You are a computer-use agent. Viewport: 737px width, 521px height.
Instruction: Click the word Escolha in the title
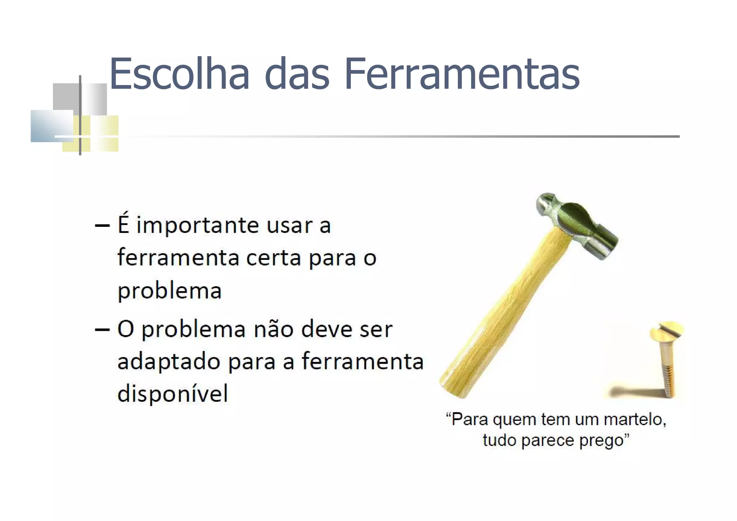click(x=179, y=74)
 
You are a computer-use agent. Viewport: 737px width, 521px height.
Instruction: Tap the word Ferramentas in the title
click(x=462, y=74)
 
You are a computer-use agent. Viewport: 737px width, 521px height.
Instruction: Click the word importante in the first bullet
click(x=198, y=226)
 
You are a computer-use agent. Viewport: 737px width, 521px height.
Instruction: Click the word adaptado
click(x=168, y=362)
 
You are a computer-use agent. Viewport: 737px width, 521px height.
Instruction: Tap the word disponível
click(x=173, y=393)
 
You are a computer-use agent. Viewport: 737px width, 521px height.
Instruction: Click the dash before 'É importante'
click(x=102, y=226)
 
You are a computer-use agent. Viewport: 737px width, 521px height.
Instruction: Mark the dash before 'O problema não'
click(x=102, y=329)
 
